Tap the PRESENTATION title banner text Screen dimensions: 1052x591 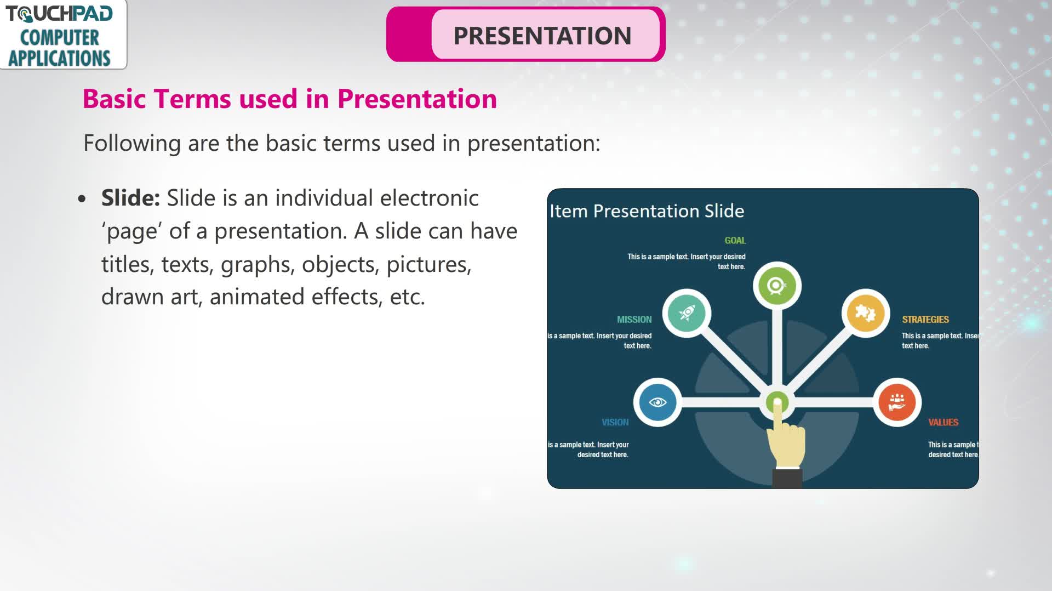point(542,36)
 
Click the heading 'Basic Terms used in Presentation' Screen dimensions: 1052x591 point(289,99)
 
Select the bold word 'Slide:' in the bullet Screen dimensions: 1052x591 point(130,198)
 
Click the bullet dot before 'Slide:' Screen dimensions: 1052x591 point(82,198)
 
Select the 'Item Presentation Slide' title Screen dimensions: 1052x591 point(647,211)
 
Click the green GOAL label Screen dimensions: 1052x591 point(735,241)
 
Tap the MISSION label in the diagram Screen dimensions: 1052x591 point(634,320)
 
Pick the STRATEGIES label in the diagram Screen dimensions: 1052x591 point(925,320)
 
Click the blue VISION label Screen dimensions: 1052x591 point(615,423)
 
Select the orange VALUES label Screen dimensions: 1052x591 point(943,423)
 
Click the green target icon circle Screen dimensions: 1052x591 point(777,286)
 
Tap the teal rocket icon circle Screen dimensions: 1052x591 point(687,313)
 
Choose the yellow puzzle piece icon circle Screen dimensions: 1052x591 point(866,313)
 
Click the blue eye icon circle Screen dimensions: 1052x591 point(658,402)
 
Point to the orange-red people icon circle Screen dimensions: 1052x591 point(897,402)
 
